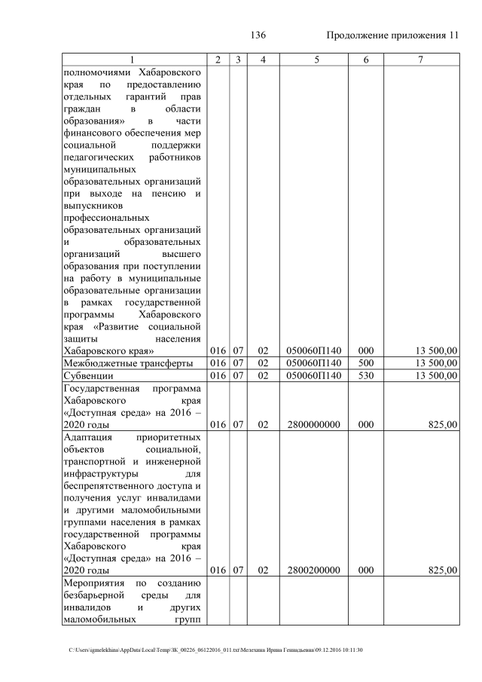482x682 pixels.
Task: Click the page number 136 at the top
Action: (x=258, y=35)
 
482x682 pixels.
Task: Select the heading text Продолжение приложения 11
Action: (x=392, y=35)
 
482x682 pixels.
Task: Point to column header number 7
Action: (x=421, y=60)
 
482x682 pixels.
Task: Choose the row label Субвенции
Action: (x=88, y=375)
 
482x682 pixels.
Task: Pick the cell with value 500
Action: (x=366, y=363)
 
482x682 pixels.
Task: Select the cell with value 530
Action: (x=366, y=375)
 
